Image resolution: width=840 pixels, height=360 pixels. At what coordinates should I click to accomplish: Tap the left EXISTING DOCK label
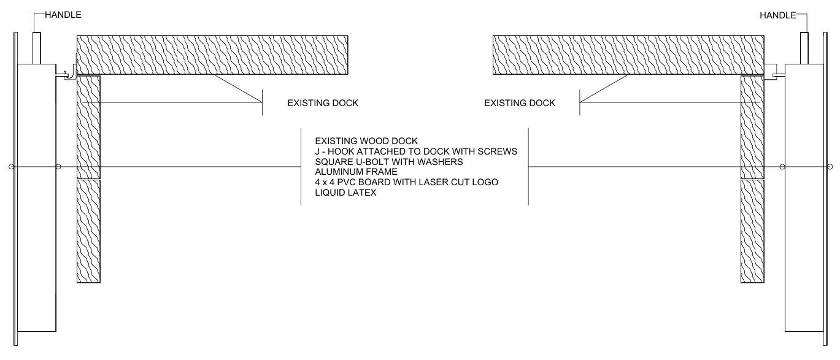[x=323, y=103]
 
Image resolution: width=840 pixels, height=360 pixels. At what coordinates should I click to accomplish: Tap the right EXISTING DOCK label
[x=520, y=103]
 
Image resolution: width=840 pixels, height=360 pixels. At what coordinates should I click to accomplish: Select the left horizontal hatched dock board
[x=212, y=55]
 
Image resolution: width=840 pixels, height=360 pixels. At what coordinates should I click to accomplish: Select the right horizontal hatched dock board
[x=628, y=55]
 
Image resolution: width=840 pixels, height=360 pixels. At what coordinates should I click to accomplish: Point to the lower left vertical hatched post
[x=88, y=231]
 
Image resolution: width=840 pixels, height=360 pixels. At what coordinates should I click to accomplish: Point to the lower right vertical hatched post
[x=752, y=231]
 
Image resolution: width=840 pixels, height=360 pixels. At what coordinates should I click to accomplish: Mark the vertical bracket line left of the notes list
[x=301, y=166]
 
